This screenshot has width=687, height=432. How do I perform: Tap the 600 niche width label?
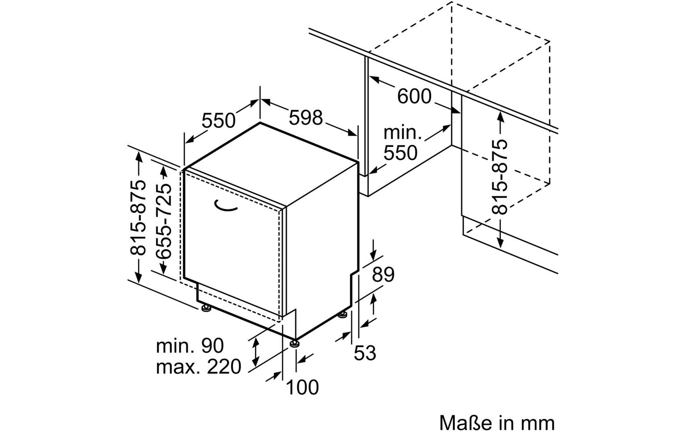coord(414,96)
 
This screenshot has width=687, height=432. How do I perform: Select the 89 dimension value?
coord(383,275)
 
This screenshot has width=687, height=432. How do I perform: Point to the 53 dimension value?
coord(365,353)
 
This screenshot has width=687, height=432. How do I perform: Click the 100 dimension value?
coord(302,387)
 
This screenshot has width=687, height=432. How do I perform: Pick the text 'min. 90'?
coord(190,346)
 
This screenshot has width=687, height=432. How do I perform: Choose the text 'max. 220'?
coord(198,367)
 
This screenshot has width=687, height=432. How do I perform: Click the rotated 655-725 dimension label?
coord(164,221)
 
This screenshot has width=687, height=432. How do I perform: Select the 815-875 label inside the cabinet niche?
coord(501,177)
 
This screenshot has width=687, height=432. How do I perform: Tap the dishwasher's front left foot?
coord(205,308)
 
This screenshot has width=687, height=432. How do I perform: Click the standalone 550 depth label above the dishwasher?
coord(218,120)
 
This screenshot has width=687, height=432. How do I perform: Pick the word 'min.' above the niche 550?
coord(402,132)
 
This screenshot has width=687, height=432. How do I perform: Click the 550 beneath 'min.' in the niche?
coord(401,153)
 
